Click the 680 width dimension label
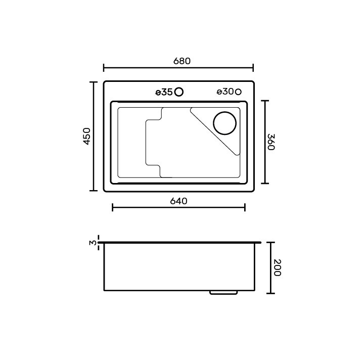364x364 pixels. (182, 61)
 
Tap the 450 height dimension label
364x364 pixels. (87, 136)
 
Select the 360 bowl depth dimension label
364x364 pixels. (271, 142)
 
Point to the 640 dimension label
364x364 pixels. (178, 201)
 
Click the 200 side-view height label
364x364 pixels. (277, 267)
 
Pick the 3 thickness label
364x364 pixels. (93, 243)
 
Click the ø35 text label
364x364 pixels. (164, 93)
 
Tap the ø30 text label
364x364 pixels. (225, 92)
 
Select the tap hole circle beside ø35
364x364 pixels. (179, 92)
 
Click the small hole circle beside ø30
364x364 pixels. (238, 92)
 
